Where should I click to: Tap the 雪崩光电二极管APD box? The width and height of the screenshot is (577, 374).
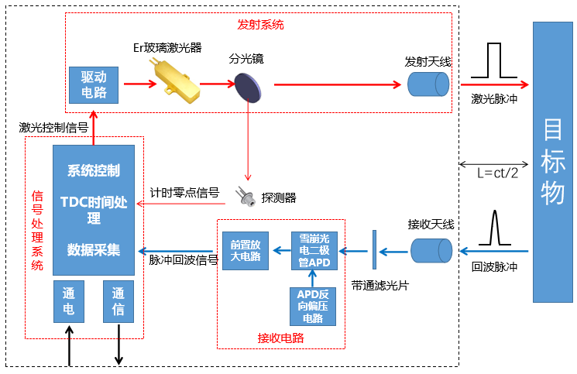click(x=313, y=250)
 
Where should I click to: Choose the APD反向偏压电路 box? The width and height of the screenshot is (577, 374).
click(x=313, y=306)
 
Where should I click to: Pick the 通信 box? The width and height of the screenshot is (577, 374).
click(x=118, y=302)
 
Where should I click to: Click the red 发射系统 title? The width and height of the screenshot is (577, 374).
click(x=259, y=25)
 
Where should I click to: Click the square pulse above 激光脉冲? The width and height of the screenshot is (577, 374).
click(x=495, y=61)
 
